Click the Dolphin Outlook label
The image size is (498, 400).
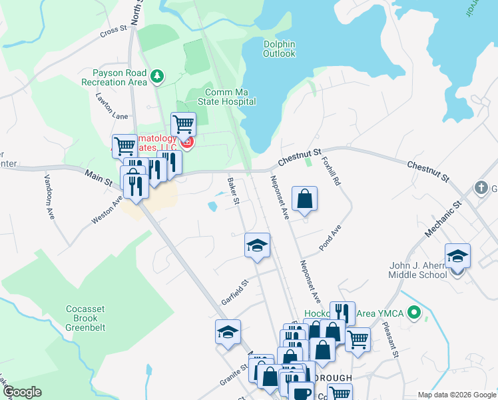click(x=279, y=49)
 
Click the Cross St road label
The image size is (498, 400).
click(x=113, y=31)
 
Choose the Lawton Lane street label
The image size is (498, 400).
click(x=111, y=107)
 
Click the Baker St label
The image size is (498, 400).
click(x=232, y=190)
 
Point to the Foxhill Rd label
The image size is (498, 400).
click(x=331, y=172)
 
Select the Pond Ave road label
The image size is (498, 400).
click(x=330, y=237)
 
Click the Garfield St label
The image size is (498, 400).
click(x=234, y=291)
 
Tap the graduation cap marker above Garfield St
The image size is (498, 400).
click(x=257, y=245)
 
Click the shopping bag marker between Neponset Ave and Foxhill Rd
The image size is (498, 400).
click(x=304, y=199)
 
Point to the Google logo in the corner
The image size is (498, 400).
click(x=22, y=391)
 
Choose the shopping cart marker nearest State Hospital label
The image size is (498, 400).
click(x=183, y=124)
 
